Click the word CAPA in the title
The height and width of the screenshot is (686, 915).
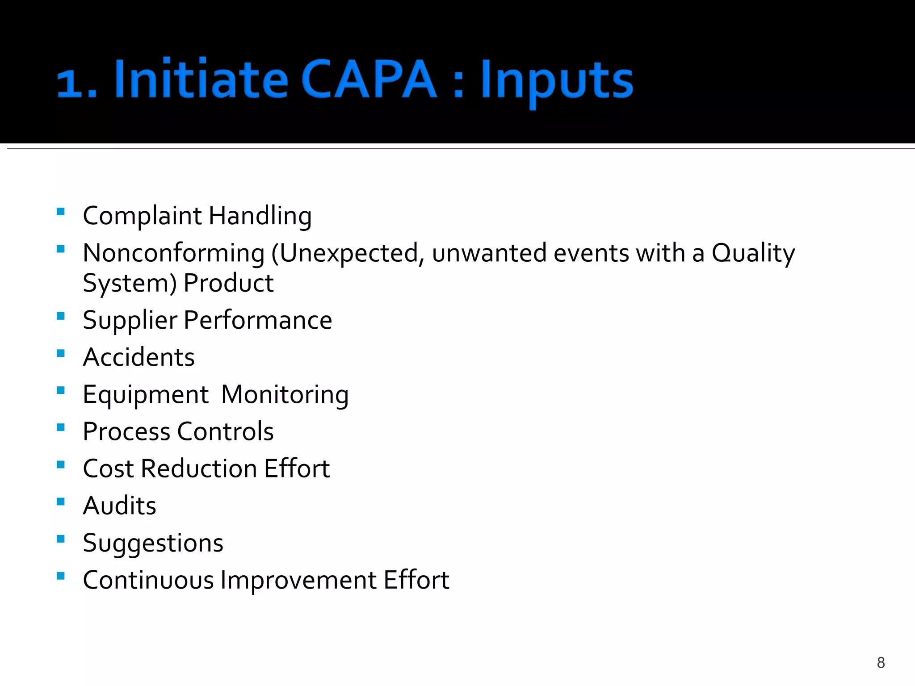pyautogui.click(x=369, y=79)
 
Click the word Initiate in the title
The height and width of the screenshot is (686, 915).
pyautogui.click(x=201, y=79)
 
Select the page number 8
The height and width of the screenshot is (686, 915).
pyautogui.click(x=881, y=662)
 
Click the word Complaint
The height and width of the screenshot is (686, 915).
pyautogui.click(x=142, y=216)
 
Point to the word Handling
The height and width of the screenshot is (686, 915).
pyautogui.click(x=260, y=216)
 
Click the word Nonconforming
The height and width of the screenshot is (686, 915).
pyautogui.click(x=174, y=253)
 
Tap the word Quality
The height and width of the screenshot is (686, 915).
pyautogui.click(x=753, y=253)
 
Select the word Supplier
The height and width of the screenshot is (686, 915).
pyautogui.click(x=130, y=321)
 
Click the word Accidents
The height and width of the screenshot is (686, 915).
pyautogui.click(x=139, y=357)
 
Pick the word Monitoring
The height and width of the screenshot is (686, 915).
pyautogui.click(x=285, y=395)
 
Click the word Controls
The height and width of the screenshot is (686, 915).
pyautogui.click(x=225, y=431)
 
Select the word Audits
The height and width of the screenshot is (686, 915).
pyautogui.click(x=119, y=506)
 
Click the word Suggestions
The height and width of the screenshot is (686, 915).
pyautogui.click(x=153, y=543)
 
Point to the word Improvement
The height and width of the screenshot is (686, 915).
pyautogui.click(x=298, y=580)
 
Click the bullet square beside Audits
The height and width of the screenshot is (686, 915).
pyautogui.click(x=61, y=502)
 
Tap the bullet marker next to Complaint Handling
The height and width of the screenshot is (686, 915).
pyautogui.click(x=61, y=212)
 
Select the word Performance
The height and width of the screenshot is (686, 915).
pyautogui.click(x=258, y=320)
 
